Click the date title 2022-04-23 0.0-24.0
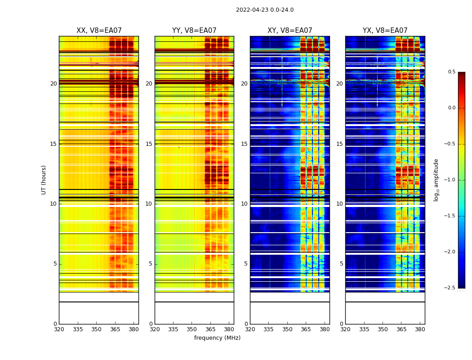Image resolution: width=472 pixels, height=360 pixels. coord(264,10)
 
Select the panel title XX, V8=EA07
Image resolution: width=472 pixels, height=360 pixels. coord(99,31)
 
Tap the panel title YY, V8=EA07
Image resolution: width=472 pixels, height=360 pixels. coord(194,31)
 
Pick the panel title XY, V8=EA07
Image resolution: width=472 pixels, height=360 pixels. coord(289,31)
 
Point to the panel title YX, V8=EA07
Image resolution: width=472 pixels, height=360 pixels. coord(385,31)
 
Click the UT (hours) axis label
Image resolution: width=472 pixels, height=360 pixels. coord(44,180)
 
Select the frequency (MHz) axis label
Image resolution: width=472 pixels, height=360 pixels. coord(217,338)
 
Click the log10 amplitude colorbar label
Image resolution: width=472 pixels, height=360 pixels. coord(436,180)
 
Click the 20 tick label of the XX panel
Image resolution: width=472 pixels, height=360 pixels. coord(53,84)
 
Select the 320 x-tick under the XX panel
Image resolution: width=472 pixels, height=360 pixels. coord(59,329)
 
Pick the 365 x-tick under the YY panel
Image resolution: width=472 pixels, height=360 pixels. coord(210,329)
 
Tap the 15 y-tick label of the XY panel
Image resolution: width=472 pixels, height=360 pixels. coord(244,144)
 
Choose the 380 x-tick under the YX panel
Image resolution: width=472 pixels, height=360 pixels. coord(420,329)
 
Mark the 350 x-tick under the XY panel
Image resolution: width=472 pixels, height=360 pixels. coord(287,329)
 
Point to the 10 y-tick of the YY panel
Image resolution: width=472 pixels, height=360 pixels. coord(149,204)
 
